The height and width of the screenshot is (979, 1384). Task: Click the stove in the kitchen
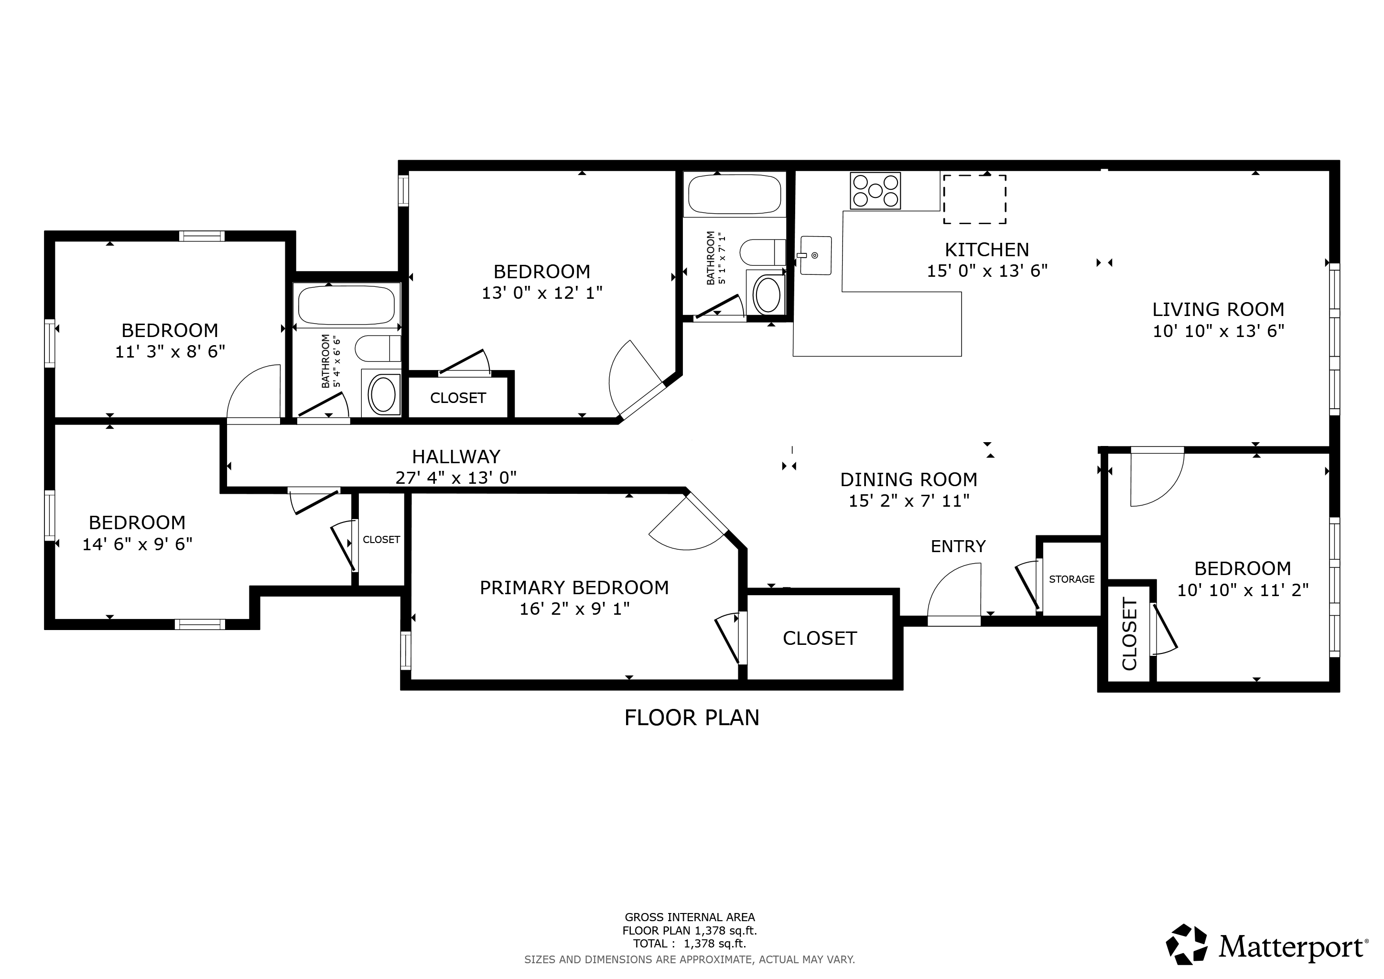[875, 191]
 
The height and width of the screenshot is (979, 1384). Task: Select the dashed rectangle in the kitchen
[975, 199]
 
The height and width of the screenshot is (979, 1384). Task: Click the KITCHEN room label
[987, 250]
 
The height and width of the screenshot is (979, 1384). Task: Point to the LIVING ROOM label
[1218, 309]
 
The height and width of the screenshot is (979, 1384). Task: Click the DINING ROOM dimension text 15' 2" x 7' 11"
[909, 501]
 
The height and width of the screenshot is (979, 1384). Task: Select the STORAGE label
[1072, 579]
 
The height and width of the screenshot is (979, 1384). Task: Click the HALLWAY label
[456, 457]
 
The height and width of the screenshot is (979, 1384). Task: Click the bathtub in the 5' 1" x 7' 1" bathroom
[735, 194]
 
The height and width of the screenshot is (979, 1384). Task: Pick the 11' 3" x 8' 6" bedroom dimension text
[170, 351]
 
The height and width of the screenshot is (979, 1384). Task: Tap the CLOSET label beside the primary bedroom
[820, 638]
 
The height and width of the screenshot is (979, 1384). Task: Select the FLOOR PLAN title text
[692, 718]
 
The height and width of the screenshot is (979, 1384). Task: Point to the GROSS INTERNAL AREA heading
[690, 917]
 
